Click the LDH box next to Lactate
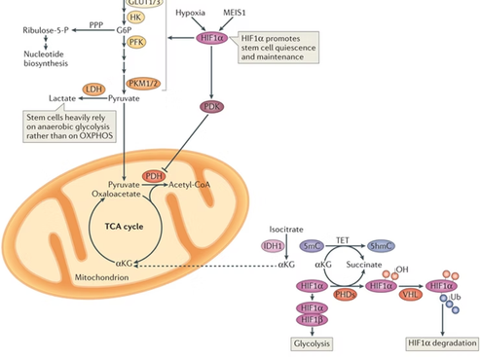95,89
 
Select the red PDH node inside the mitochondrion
153,175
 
